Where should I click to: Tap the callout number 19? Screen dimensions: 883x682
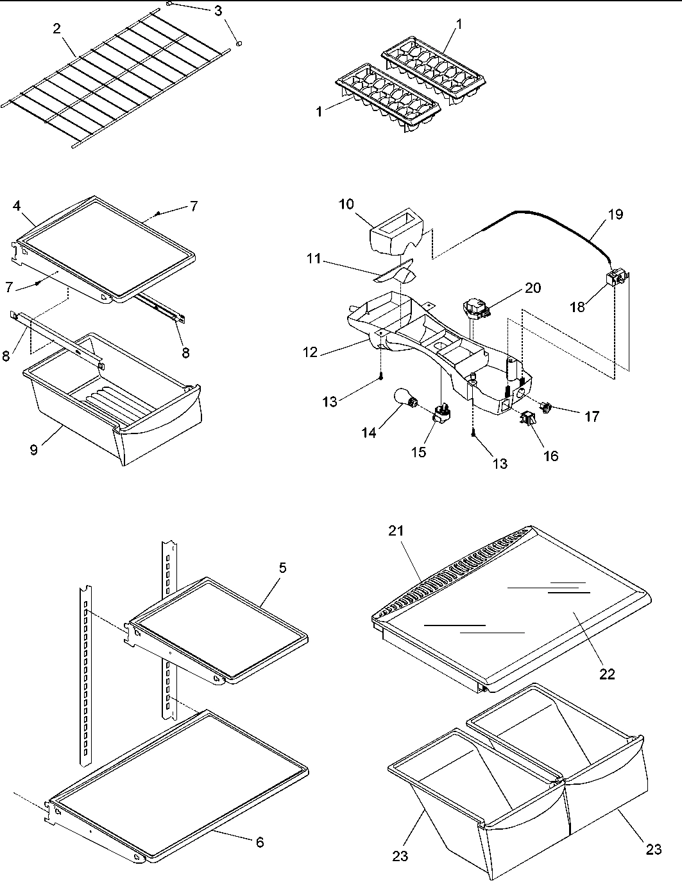tap(615, 214)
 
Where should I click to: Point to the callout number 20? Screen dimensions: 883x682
tap(533, 288)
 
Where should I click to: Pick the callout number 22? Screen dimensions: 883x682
tap(607, 674)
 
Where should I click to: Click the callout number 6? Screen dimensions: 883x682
tap(260, 842)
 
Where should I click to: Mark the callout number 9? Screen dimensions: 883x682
tap(33, 450)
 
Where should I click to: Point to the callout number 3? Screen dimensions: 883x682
tap(219, 10)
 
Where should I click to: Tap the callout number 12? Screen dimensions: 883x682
tap(311, 353)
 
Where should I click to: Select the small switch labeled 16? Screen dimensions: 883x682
tap(528, 419)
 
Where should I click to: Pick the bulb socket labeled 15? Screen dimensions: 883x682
tap(441, 412)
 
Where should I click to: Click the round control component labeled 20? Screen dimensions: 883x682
tap(475, 307)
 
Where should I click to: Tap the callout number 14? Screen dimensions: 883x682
tap(368, 432)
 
